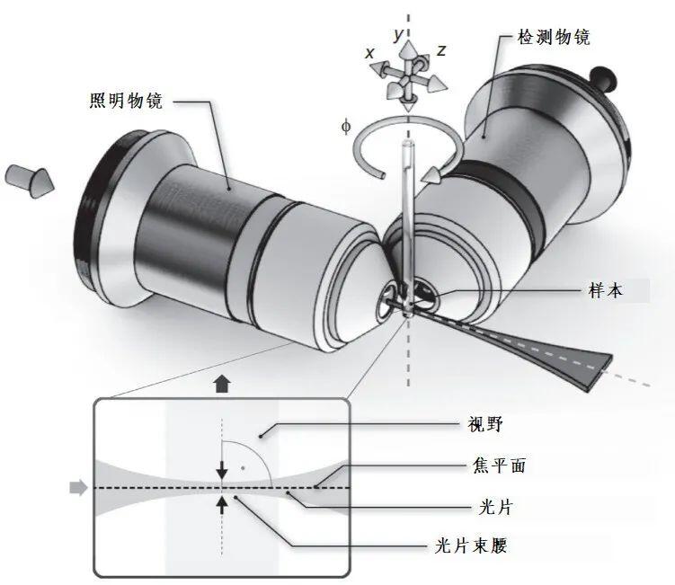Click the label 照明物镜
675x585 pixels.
coord(126,101)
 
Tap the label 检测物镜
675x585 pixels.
coord(554,37)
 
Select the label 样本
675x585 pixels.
coord(606,291)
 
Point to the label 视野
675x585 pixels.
coord(485,424)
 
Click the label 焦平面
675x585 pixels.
coord(500,465)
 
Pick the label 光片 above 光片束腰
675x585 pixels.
coord(495,507)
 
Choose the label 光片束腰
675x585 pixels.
coord(471,545)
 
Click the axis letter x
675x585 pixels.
coord(369,53)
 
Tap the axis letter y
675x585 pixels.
coord(399,34)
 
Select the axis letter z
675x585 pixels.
coord(440,51)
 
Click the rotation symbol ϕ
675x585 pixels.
coord(346,127)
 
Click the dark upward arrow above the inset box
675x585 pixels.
coord(222,384)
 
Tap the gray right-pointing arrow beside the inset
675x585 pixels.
coord(79,487)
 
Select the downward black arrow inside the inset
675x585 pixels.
coord(222,470)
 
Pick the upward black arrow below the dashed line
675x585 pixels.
coord(222,505)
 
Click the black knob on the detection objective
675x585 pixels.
coord(603,78)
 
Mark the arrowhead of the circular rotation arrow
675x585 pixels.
coord(432,175)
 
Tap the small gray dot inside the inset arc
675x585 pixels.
coord(244,467)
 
